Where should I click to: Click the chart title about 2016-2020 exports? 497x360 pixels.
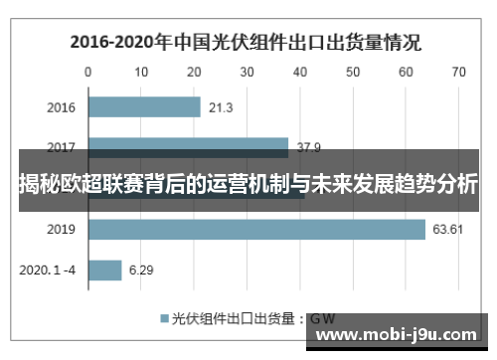point(245,42)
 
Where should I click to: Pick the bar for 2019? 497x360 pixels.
point(256,230)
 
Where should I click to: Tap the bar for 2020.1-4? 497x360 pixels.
point(105,270)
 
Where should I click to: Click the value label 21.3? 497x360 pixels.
point(221,107)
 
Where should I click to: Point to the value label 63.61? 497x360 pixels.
point(446,230)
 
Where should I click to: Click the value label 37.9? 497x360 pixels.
point(308,148)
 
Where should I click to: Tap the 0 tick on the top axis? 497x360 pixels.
point(89,72)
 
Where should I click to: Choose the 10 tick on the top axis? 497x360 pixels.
point(142,72)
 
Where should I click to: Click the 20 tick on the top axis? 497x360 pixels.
point(195,72)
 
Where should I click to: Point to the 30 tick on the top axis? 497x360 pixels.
point(248,72)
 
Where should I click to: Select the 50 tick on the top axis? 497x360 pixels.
point(353,72)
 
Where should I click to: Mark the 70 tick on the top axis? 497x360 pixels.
point(458,72)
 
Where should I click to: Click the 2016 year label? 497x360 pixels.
point(62,107)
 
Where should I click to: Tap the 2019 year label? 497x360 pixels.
point(62,230)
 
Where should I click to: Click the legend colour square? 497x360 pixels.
point(164,319)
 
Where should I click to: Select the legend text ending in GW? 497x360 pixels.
point(252,319)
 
